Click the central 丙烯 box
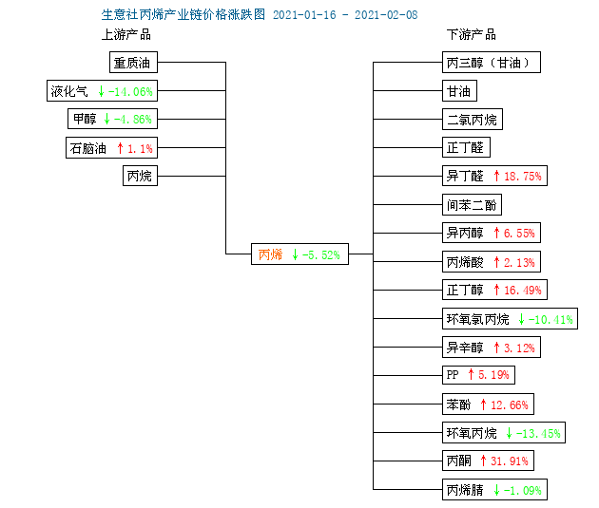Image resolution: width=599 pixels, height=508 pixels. click(x=299, y=254)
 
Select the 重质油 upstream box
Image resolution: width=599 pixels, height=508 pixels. click(x=133, y=62)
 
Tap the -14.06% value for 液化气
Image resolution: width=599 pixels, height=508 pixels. click(x=130, y=91)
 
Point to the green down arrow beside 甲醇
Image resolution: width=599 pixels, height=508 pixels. click(x=106, y=119)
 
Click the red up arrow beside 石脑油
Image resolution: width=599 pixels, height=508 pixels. click(x=121, y=148)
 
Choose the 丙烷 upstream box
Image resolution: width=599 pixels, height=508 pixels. click(x=140, y=176)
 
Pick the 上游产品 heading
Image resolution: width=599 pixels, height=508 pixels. click(x=126, y=35)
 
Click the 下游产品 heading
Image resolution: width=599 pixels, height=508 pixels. click(x=472, y=35)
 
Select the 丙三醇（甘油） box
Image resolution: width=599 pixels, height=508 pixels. click(x=492, y=62)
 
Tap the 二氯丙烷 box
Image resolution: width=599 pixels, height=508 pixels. click(x=473, y=120)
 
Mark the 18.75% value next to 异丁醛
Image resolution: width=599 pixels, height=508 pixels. click(x=523, y=177)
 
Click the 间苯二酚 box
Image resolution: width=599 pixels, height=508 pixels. click(x=472, y=205)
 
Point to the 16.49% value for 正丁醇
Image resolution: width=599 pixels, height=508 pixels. click(x=523, y=291)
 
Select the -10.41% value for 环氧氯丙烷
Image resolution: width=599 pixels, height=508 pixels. click(x=551, y=319)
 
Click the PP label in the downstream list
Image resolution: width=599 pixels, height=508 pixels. click(x=453, y=375)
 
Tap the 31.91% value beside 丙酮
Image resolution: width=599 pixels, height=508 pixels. click(x=510, y=461)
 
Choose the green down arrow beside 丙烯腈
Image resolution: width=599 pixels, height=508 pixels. click(x=496, y=490)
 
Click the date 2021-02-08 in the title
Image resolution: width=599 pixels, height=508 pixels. click(x=386, y=15)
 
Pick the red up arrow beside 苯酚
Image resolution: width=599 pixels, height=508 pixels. click(x=483, y=405)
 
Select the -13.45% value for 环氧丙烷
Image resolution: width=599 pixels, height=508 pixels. click(x=538, y=433)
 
